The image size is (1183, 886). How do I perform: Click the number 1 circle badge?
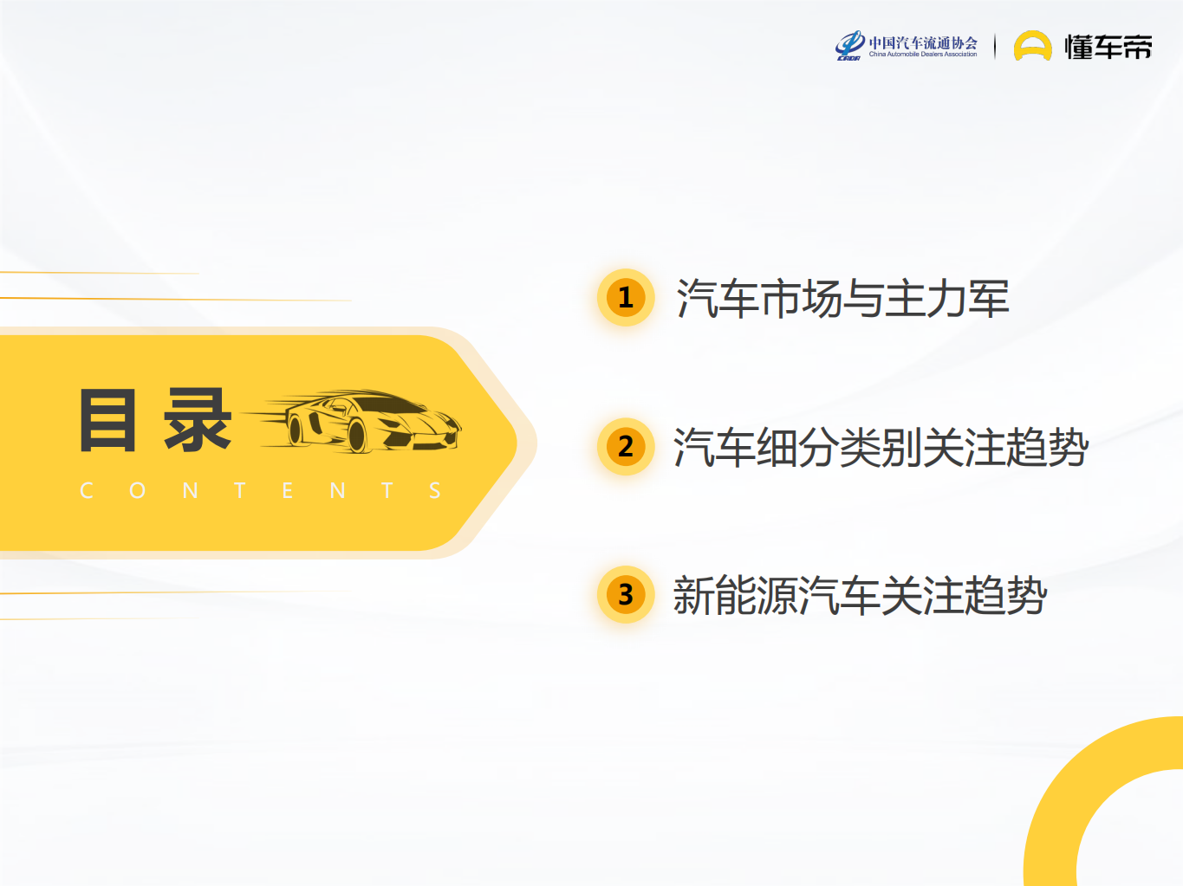pyautogui.click(x=626, y=298)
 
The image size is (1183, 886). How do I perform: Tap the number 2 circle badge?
pyautogui.click(x=626, y=447)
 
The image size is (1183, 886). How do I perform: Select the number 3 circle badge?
pyautogui.click(x=626, y=595)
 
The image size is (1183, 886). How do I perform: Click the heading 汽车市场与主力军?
pyautogui.click(x=842, y=299)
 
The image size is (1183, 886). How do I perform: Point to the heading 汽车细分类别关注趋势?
pyautogui.click(x=881, y=448)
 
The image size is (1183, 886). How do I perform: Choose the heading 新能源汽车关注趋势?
pyautogui.click(x=860, y=596)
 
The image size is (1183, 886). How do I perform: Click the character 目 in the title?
pyautogui.click(x=108, y=421)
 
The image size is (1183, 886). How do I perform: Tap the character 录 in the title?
pyautogui.click(x=198, y=421)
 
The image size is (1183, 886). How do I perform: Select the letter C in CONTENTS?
pyautogui.click(x=87, y=491)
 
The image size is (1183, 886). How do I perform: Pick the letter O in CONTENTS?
pyautogui.click(x=137, y=491)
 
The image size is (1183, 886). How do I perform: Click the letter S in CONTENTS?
pyautogui.click(x=435, y=491)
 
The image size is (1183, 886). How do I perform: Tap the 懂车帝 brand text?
pyautogui.click(x=1108, y=47)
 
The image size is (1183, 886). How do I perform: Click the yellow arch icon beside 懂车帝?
pyautogui.click(x=1032, y=47)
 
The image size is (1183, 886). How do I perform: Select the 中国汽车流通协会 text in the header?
pyautogui.click(x=923, y=42)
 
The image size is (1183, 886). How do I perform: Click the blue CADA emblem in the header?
pyautogui.click(x=849, y=45)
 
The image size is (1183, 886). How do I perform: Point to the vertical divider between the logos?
pyautogui.click(x=995, y=47)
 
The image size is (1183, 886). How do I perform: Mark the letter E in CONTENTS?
pyautogui.click(x=288, y=491)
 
